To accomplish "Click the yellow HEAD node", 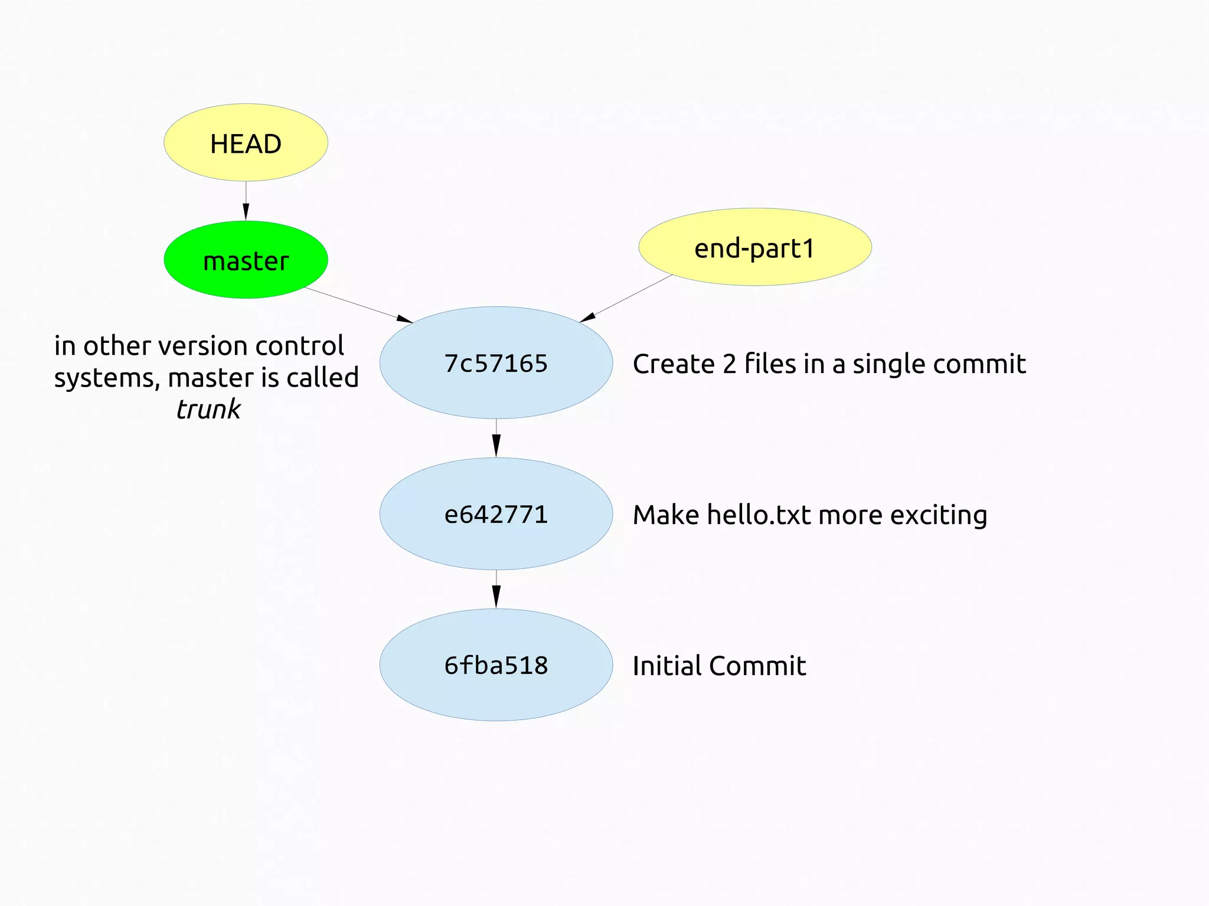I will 246,143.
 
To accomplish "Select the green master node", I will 246,260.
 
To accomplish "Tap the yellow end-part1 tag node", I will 754,247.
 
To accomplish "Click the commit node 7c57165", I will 496,363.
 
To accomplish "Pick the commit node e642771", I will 496,514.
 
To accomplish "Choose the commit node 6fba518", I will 496,665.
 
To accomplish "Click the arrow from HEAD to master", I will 246,201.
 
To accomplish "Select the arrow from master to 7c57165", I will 358,305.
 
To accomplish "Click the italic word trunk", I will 208,409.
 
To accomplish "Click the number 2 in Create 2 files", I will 730,364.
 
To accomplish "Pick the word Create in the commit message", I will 674,364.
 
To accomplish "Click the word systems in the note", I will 107,378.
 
